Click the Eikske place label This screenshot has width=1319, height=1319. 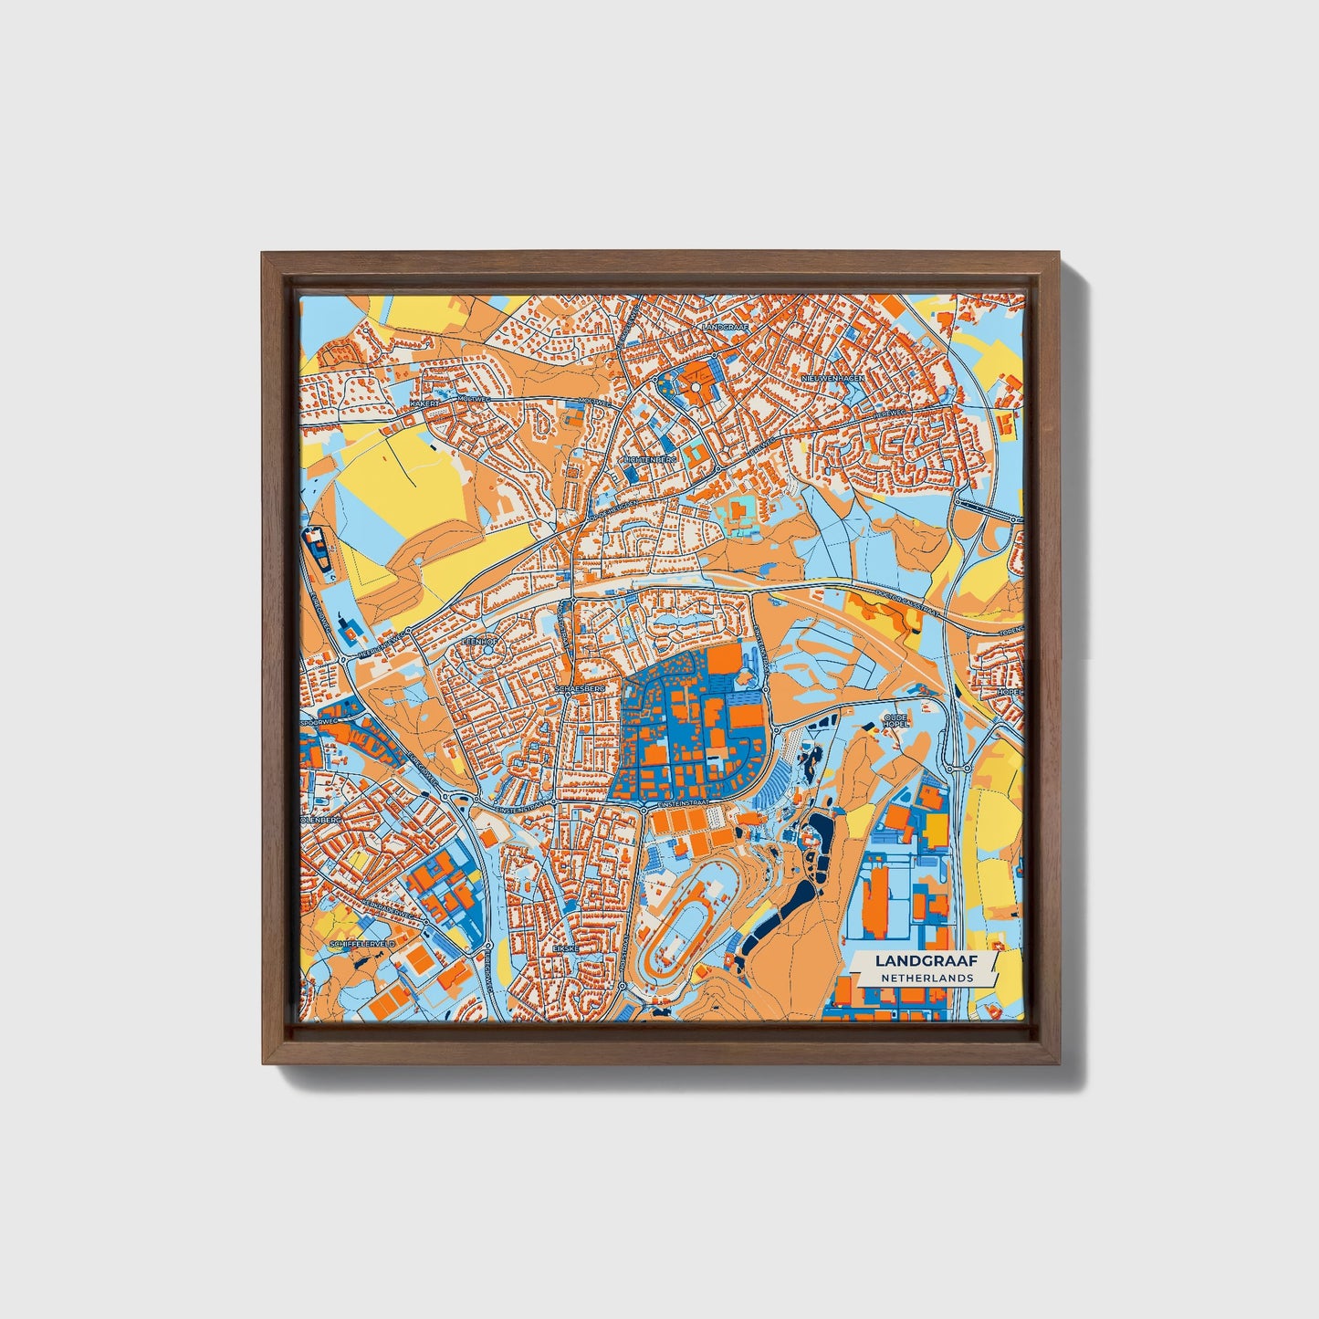pos(566,949)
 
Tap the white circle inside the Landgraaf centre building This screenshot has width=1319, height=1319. pos(696,388)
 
